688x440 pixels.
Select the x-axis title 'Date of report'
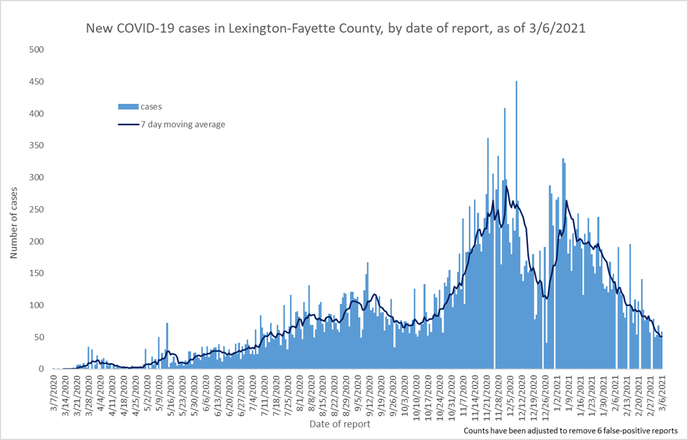(340, 423)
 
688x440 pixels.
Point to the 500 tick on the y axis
(37, 50)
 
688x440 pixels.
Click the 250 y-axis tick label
(37, 209)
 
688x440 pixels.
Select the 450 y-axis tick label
(37, 82)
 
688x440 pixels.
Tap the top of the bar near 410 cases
(505, 110)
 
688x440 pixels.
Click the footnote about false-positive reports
(571, 431)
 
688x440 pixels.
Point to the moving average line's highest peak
(506, 187)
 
